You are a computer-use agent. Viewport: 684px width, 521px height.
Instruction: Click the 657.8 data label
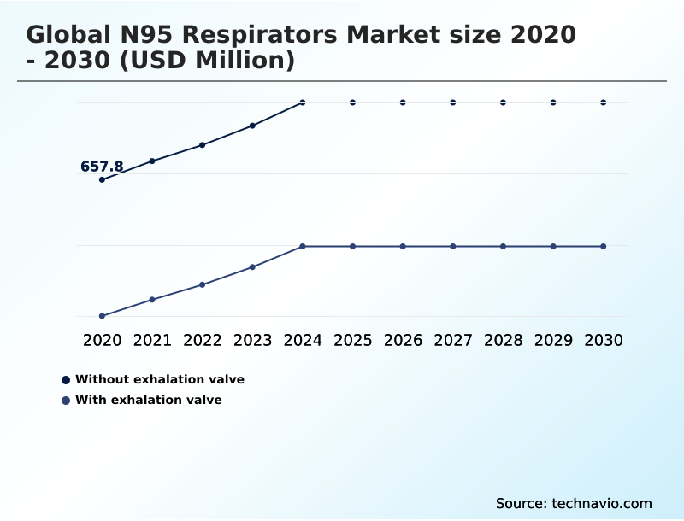point(102,167)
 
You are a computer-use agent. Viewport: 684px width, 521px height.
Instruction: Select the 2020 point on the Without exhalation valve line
point(102,179)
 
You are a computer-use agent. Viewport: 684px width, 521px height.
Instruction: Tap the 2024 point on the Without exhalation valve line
point(303,102)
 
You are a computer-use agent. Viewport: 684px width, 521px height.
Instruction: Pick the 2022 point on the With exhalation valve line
point(203,284)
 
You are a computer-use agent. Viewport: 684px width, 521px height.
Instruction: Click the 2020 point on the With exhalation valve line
point(102,316)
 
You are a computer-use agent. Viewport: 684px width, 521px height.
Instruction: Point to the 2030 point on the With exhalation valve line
point(604,246)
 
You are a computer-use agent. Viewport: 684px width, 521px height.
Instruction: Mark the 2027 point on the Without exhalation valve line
point(453,102)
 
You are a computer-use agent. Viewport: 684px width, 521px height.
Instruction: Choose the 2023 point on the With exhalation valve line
point(252,267)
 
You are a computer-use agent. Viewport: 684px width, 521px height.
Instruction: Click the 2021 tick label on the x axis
point(152,340)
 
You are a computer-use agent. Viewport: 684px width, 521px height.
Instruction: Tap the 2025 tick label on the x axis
point(352,340)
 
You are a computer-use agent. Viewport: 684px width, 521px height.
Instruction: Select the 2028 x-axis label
point(503,340)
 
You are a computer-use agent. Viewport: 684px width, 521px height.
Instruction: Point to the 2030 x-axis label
point(604,340)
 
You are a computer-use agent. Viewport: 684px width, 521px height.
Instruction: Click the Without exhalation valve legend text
point(160,379)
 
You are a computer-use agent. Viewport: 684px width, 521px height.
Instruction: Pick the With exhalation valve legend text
point(149,400)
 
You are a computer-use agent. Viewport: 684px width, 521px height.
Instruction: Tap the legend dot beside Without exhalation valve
point(66,379)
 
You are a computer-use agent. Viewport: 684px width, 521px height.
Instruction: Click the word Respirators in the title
point(258,35)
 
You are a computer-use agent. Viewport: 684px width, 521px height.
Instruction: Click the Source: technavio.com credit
point(574,503)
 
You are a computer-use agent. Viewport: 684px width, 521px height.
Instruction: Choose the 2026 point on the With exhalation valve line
point(403,246)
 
